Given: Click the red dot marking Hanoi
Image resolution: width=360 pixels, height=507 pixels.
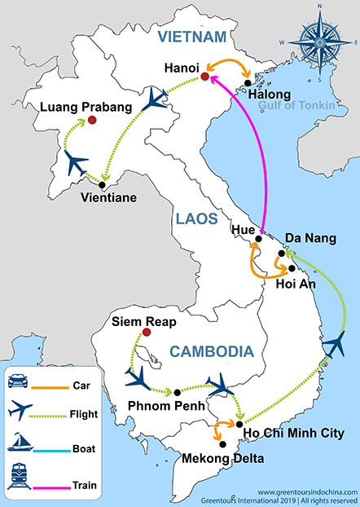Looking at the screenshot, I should [x=204, y=77].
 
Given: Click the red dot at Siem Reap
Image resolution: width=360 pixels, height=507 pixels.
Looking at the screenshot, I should [x=147, y=332].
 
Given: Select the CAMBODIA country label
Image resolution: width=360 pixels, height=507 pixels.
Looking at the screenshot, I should [x=211, y=351].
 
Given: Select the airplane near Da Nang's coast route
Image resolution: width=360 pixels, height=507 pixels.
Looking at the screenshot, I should [x=334, y=346].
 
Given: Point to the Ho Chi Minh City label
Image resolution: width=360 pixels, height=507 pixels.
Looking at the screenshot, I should [x=288, y=432].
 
